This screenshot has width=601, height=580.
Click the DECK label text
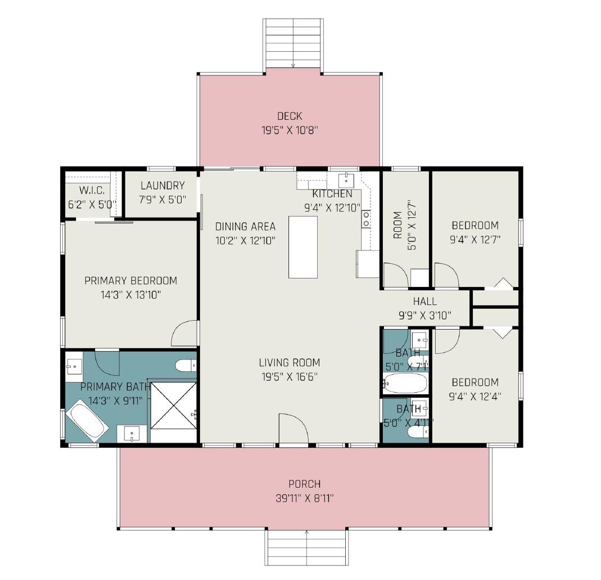tap(290, 116)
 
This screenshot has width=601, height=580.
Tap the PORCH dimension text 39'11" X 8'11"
tap(304, 498)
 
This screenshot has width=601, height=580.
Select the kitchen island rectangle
tap(303, 246)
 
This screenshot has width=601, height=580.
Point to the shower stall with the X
tap(172, 405)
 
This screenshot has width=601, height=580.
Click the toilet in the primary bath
tap(186, 366)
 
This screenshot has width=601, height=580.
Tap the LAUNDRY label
tap(162, 186)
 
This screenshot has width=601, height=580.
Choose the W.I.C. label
tap(92, 191)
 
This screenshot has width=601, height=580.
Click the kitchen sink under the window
tap(345, 180)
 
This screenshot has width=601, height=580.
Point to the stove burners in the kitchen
tap(366, 218)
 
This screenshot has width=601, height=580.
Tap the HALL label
tap(424, 302)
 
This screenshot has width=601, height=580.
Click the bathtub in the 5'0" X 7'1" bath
tap(405, 384)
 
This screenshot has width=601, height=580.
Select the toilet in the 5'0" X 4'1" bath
tap(417, 432)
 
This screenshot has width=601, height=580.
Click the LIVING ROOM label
tap(289, 363)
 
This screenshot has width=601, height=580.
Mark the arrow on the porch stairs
tap(306, 533)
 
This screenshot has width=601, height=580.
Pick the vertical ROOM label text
tap(398, 225)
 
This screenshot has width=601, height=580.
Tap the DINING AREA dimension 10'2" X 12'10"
tap(245, 240)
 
